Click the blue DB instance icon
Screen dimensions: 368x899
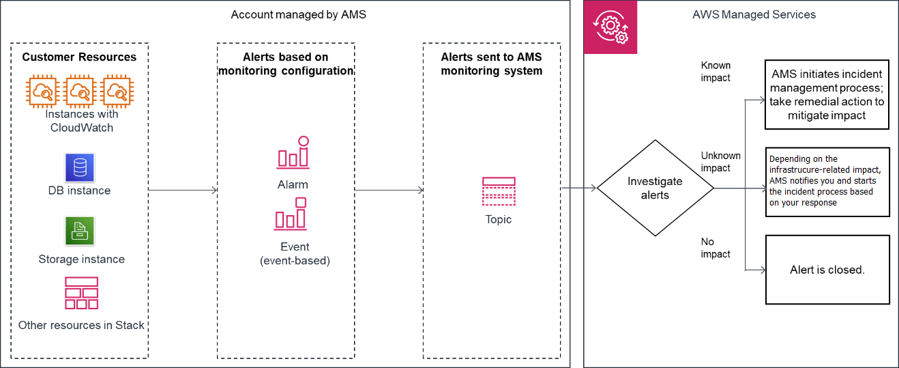point(80,167)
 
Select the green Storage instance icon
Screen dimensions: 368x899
point(80,231)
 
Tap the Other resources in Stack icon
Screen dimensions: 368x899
point(81,294)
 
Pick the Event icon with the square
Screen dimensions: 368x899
point(291,214)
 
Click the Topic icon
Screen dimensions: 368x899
point(498,191)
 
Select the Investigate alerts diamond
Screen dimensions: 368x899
point(655,188)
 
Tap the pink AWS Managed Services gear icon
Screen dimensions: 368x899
point(610,27)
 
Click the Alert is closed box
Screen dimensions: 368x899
point(827,270)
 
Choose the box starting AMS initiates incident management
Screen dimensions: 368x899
point(827,94)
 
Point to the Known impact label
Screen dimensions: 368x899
point(716,72)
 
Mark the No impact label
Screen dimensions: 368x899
point(716,248)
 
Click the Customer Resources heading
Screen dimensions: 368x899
point(79,57)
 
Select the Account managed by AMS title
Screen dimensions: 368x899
point(298,14)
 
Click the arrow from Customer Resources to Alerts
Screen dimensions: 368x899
point(182,190)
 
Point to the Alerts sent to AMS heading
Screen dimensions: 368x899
point(491,63)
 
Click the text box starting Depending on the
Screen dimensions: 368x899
point(827,182)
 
